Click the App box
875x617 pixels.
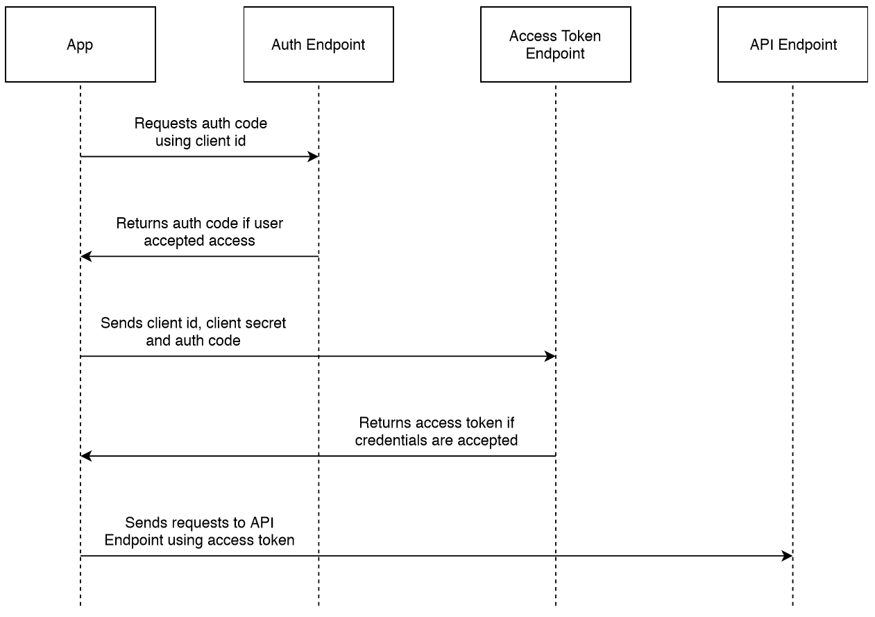(80, 44)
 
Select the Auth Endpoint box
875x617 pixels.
(318, 44)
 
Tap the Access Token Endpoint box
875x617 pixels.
(555, 44)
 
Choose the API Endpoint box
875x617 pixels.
(792, 44)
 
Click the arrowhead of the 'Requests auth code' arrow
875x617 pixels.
(313, 157)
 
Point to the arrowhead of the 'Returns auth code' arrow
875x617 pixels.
(86, 257)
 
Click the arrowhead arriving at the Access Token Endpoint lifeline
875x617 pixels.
(550, 357)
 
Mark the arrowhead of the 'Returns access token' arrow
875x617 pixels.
(86, 456)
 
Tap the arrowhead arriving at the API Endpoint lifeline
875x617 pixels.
(787, 556)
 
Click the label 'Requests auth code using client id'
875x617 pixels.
(200, 132)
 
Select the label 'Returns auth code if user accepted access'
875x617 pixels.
(200, 232)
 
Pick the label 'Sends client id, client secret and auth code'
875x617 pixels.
(193, 332)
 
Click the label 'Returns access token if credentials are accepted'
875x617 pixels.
(436, 431)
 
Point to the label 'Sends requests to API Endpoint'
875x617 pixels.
(200, 531)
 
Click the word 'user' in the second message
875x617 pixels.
(269, 223)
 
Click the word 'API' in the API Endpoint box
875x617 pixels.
(763, 45)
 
